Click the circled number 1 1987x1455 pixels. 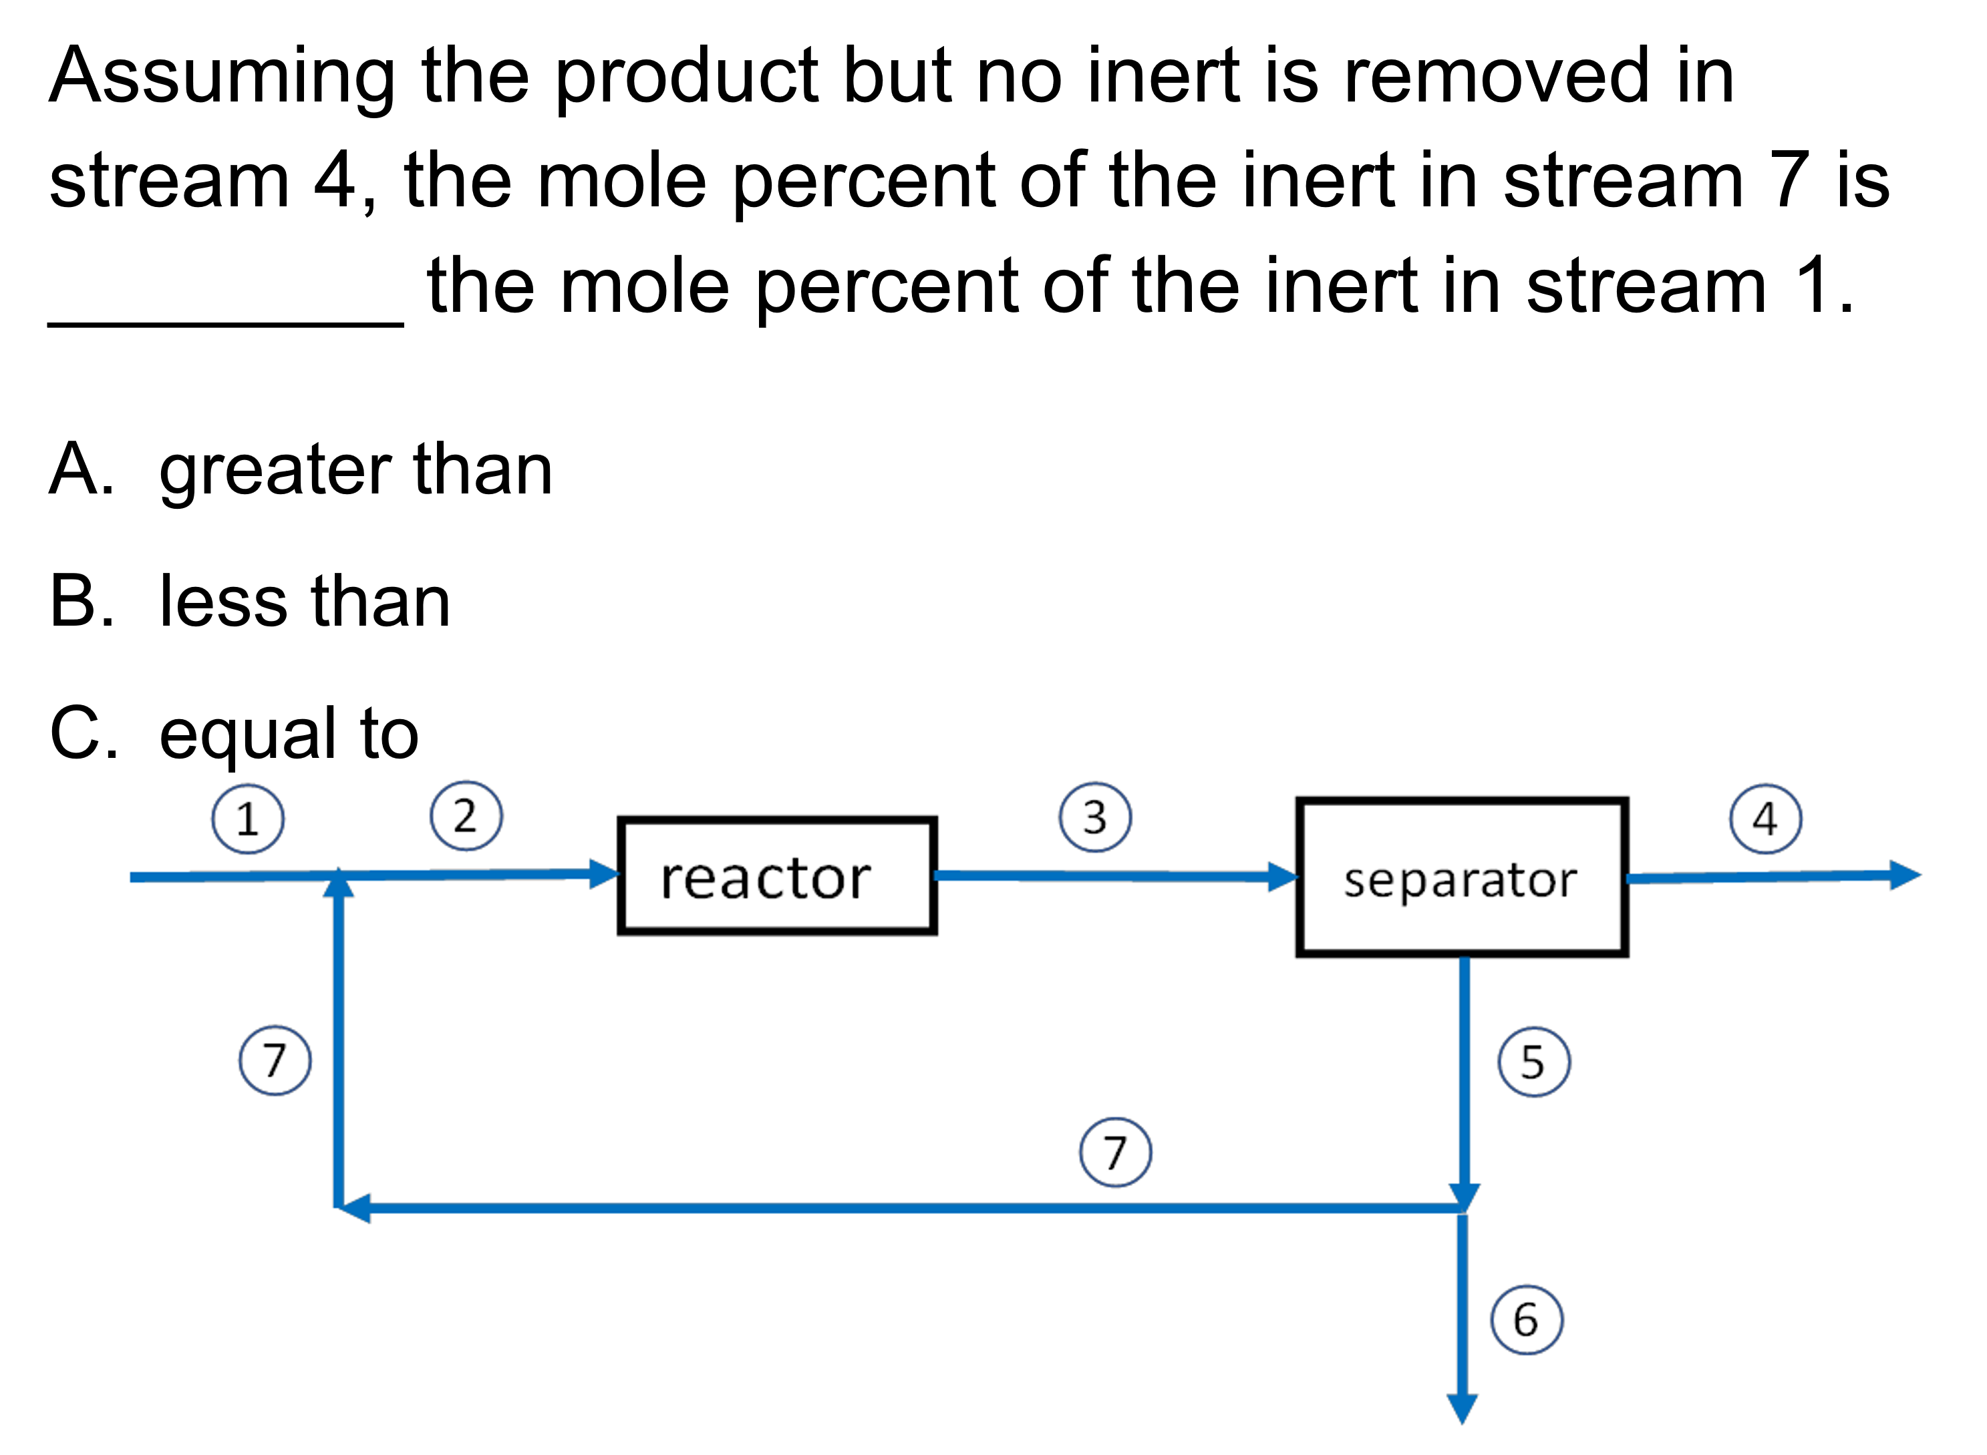tap(248, 819)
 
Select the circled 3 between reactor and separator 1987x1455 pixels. tap(1095, 817)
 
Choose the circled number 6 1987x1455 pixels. tap(1527, 1320)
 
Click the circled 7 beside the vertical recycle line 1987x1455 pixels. tap(275, 1060)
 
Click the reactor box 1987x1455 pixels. tap(777, 876)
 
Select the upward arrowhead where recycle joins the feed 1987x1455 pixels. tap(338, 883)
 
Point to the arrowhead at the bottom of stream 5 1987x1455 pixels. tap(1465, 1196)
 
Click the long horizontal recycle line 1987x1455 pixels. tap(881, 1209)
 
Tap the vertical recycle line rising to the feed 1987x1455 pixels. tap(338, 1057)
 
